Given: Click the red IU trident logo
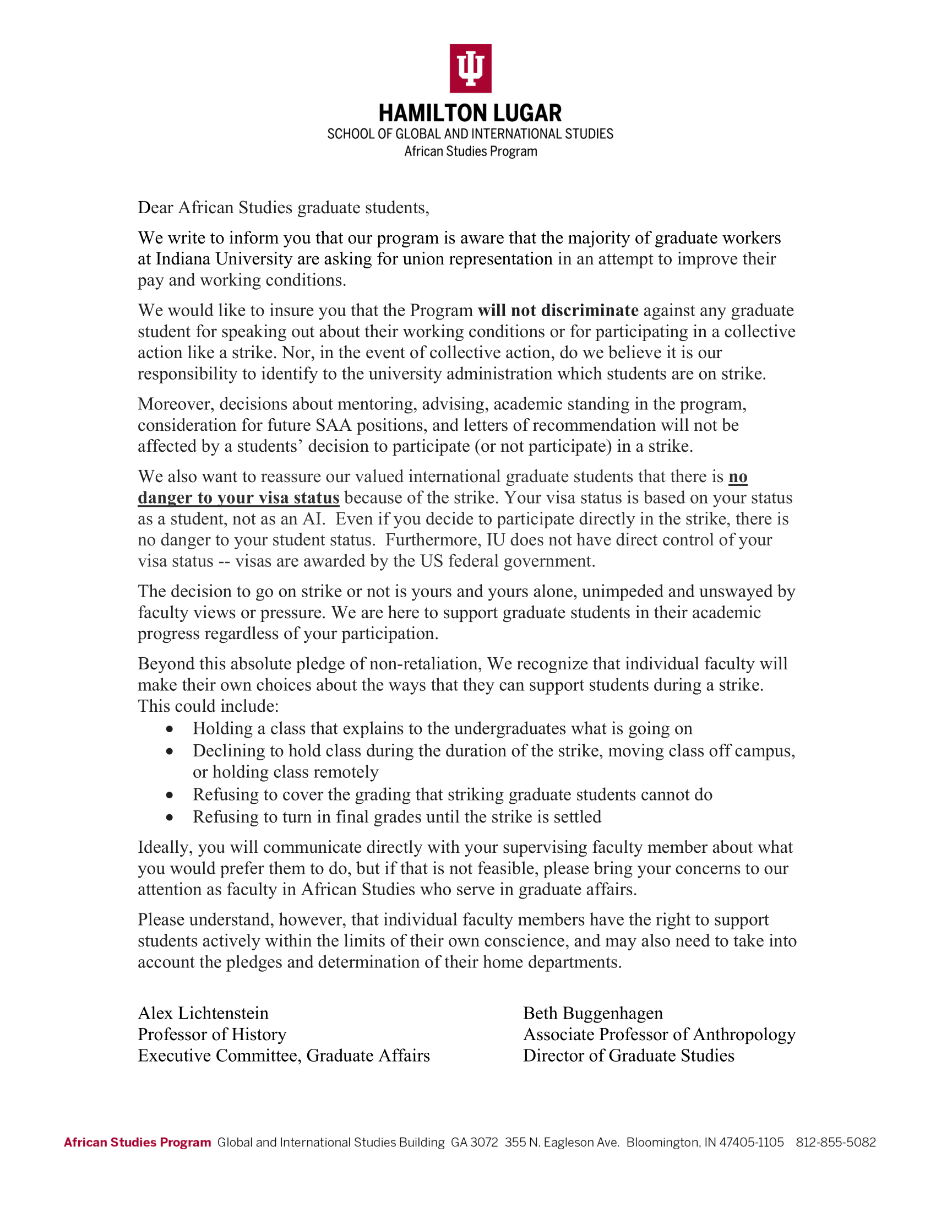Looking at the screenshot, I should [x=470, y=68].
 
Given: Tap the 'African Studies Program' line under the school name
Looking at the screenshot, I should [x=470, y=151].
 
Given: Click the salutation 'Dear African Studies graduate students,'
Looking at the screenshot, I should [x=284, y=208].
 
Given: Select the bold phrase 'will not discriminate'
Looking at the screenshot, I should [x=558, y=310].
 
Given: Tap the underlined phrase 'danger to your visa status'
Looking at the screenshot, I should [x=238, y=498].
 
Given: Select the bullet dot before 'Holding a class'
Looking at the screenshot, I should [x=170, y=729].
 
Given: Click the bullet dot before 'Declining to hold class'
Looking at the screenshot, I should [x=170, y=751].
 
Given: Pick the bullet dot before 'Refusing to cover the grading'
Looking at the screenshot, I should [x=170, y=795].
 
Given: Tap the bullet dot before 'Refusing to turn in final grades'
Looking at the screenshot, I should [x=170, y=818].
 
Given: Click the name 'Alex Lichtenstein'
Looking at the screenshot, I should [x=203, y=1013].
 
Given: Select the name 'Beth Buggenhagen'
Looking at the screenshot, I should [x=593, y=1013].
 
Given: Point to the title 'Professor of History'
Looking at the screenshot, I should [x=212, y=1035].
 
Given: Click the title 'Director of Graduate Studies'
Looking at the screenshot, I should [x=628, y=1056].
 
